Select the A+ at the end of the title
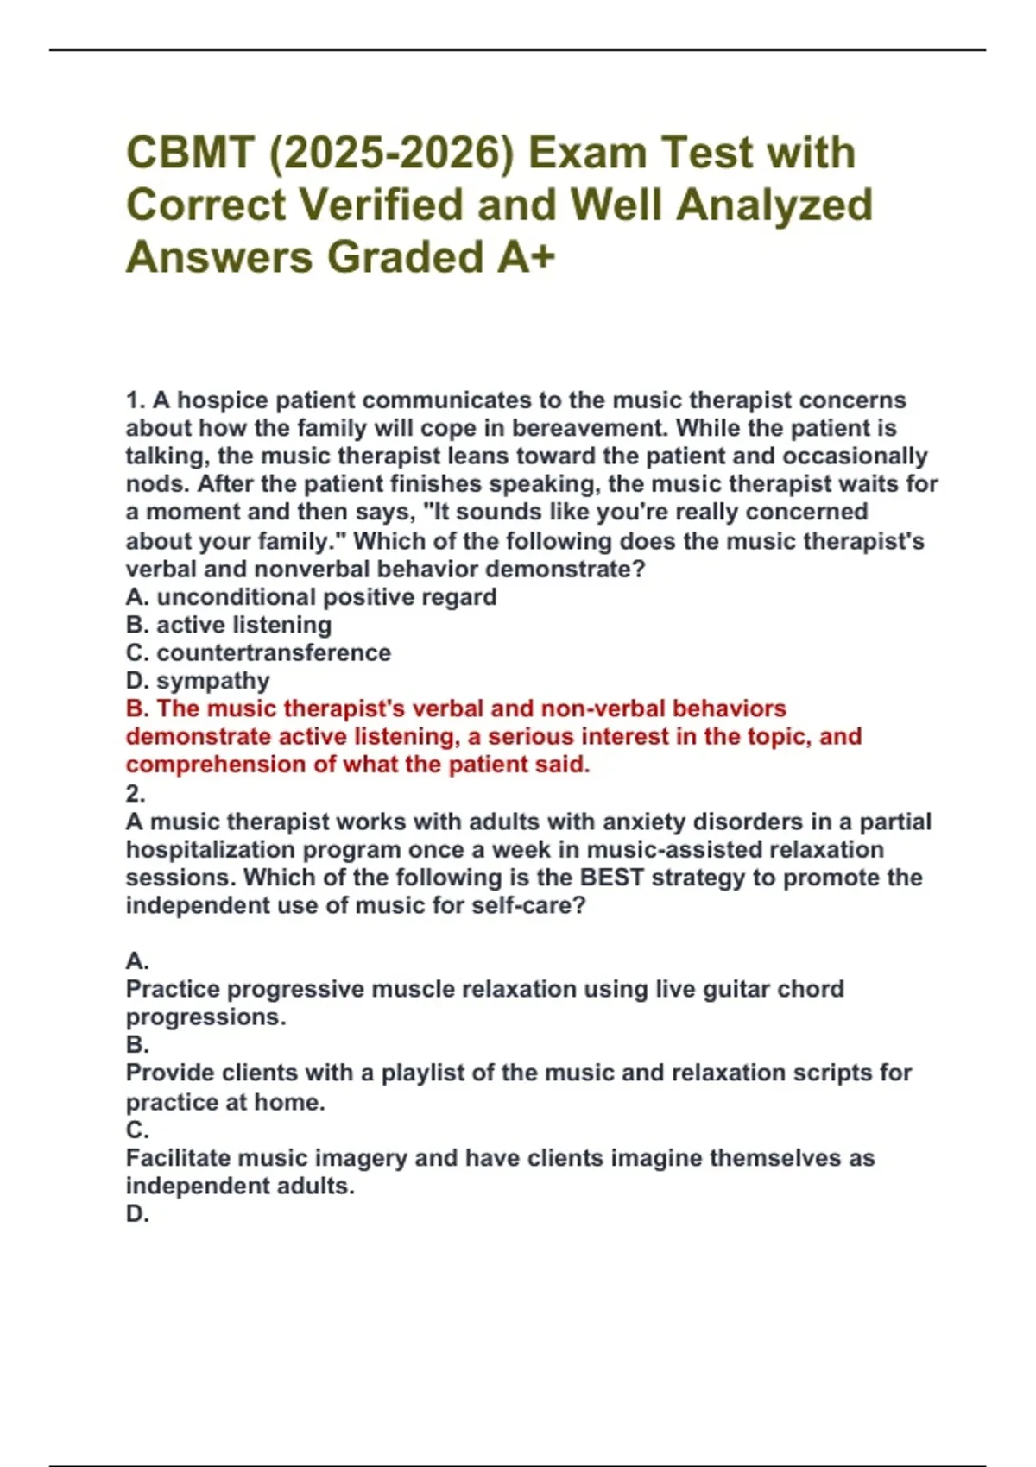click(x=526, y=257)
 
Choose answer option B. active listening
click(x=229, y=625)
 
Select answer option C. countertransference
click(x=258, y=652)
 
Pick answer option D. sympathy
click(x=198, y=681)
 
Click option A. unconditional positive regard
click(x=311, y=597)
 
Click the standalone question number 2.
click(x=136, y=793)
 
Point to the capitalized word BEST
click(x=612, y=878)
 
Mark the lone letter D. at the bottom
click(x=137, y=1214)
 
